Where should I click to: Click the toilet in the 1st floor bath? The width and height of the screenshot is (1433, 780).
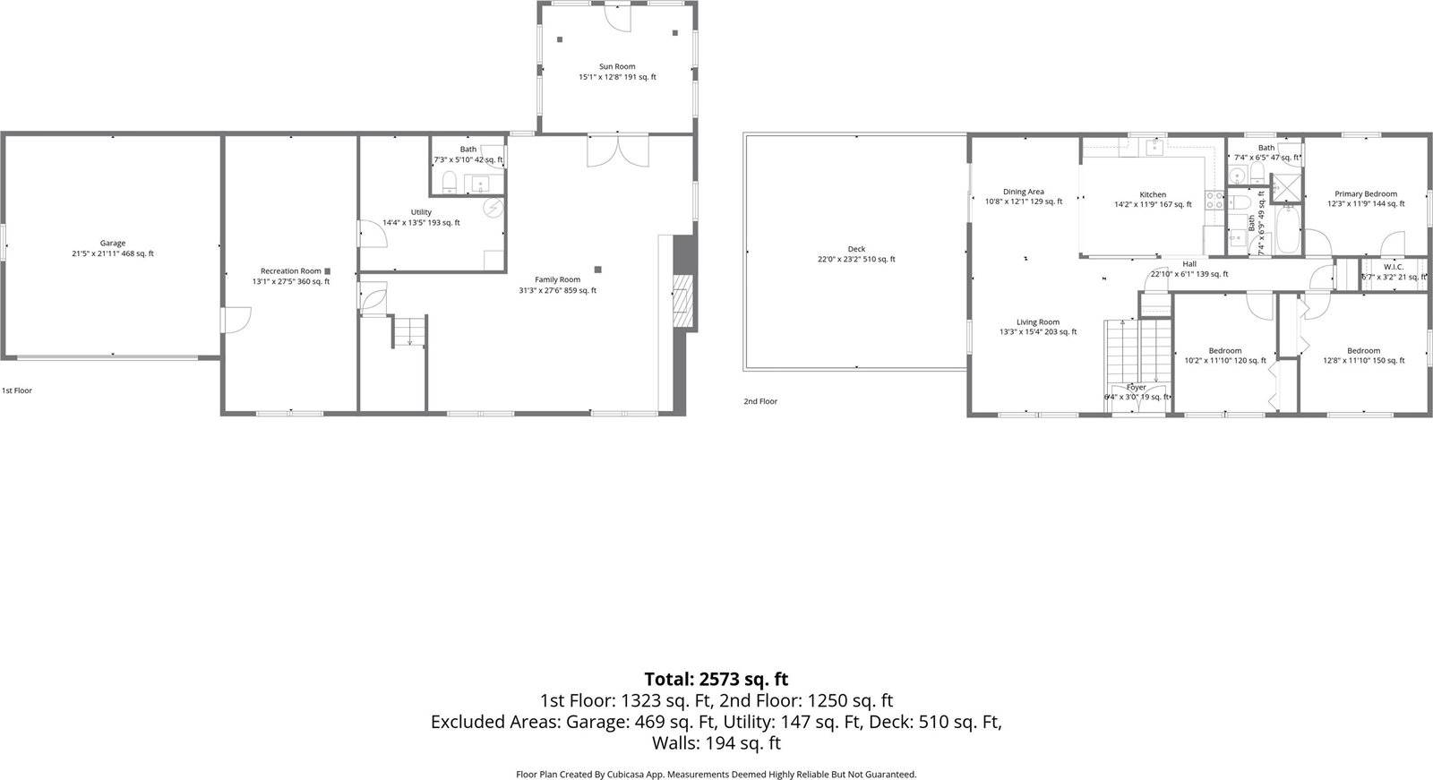(450, 184)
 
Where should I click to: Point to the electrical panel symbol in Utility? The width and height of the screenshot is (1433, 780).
(493, 208)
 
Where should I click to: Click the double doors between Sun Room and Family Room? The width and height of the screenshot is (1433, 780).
(616, 150)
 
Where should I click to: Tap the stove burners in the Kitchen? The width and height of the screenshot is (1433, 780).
(1215, 201)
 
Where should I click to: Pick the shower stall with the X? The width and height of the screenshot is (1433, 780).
(1287, 185)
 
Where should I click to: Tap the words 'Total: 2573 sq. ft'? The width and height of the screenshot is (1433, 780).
(716, 679)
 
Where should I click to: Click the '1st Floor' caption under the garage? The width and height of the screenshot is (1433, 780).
(17, 390)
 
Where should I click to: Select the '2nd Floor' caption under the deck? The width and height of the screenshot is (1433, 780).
(760, 401)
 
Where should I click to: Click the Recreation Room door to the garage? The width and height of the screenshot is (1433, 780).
(235, 320)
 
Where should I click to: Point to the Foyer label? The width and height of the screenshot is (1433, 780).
(1137, 388)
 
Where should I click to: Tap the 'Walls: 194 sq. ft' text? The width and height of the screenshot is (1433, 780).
(716, 743)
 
